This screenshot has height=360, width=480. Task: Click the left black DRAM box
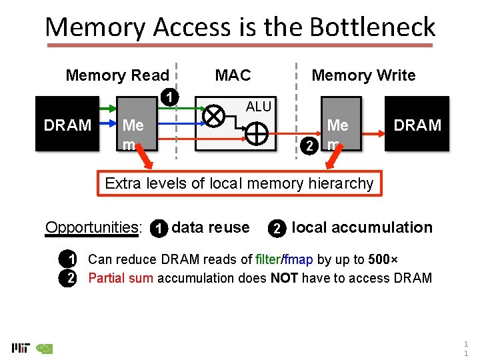(67, 125)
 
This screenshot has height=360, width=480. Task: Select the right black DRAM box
(417, 125)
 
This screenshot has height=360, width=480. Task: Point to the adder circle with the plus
(257, 134)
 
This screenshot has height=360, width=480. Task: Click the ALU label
(259, 107)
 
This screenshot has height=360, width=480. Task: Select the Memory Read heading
(117, 75)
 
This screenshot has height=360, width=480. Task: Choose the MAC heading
(233, 75)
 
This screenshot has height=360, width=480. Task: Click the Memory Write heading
(363, 75)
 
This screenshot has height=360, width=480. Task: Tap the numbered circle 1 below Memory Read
(171, 97)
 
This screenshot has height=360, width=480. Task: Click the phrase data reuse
(211, 228)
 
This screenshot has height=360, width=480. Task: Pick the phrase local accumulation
(362, 228)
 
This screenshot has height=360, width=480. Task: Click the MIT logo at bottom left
(21, 347)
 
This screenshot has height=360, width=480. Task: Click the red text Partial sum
(121, 278)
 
